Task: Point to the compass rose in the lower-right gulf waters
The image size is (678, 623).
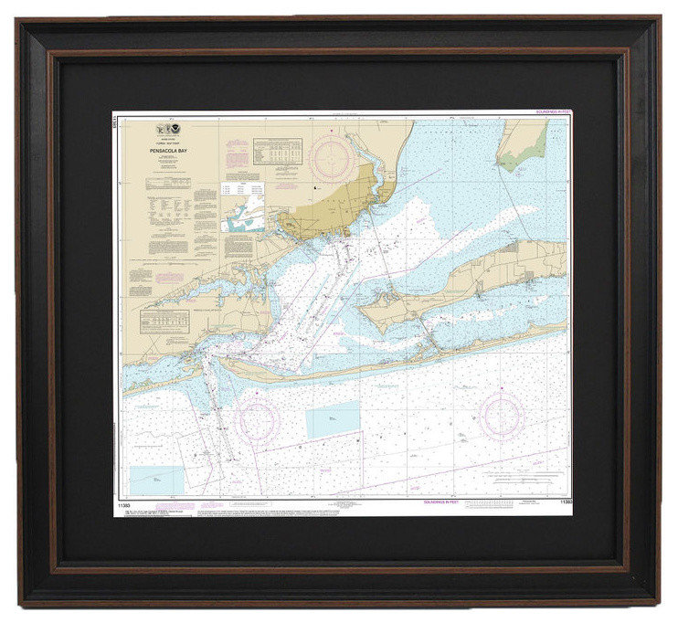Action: pos(502,416)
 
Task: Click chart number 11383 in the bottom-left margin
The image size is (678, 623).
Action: pos(122,502)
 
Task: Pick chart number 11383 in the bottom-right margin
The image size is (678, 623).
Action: pos(562,502)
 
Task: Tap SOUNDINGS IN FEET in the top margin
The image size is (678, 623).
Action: pos(552,111)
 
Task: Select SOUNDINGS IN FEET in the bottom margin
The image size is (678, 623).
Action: pos(445,502)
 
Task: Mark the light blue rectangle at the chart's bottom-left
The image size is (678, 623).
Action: pos(157,480)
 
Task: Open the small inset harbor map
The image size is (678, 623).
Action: pos(241,217)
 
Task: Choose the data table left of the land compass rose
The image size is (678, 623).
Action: pos(277,151)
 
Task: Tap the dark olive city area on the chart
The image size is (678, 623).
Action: pos(329,207)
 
